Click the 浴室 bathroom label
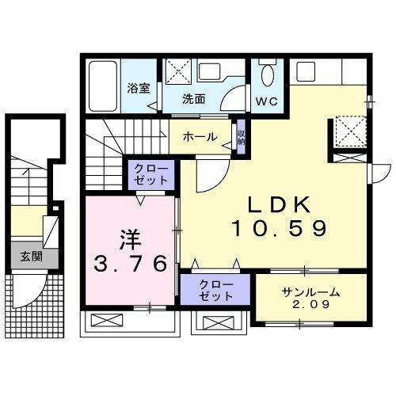pos(139,88)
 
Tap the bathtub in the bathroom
pos(104,88)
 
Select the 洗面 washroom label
pos(194,100)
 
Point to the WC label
pos(267,101)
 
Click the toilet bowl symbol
pos(267,76)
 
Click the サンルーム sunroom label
pos(311,291)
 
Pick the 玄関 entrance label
pos(32,257)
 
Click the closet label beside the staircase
pos(150,174)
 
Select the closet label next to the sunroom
pos(215,289)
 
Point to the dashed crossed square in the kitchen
pos(348,129)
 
